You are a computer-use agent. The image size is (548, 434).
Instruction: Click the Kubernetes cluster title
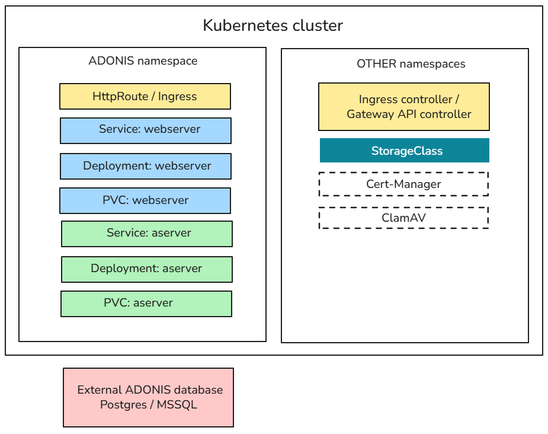273,25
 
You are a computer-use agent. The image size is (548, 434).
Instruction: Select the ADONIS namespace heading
143,61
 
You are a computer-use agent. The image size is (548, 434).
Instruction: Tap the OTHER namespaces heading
411,64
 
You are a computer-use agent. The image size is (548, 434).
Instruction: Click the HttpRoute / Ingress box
145,96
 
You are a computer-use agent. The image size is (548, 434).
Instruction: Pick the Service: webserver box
146,130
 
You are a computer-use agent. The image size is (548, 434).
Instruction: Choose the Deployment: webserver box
146,166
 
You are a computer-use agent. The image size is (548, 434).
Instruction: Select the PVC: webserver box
145,200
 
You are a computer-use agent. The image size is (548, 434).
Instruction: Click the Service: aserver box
147,234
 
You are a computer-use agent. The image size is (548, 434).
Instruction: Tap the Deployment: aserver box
147,269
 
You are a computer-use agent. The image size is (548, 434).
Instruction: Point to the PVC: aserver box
146,304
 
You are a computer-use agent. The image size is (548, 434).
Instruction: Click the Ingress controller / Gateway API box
404,107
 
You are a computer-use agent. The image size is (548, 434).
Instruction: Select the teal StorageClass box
405,151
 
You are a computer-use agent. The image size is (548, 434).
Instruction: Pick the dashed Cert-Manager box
403,184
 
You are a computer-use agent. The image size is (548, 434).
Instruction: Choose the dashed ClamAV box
403,218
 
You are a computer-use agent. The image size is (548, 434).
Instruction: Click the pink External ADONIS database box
148,397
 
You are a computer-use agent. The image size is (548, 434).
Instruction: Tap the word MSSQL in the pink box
177,406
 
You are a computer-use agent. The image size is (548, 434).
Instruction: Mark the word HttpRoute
120,96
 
